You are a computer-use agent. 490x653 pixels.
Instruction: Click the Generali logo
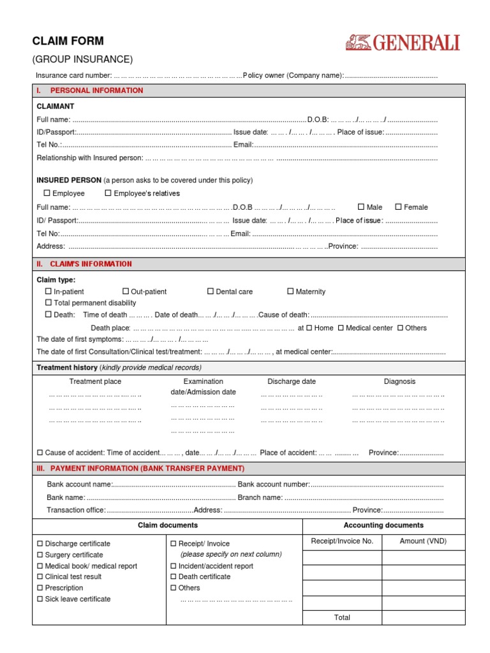coord(403,43)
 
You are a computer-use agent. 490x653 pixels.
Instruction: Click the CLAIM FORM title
coord(68,41)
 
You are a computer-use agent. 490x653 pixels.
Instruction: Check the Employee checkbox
coord(47,193)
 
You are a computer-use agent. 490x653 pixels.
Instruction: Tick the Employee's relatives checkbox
coord(108,193)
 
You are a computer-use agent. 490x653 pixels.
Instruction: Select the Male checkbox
coord(361,207)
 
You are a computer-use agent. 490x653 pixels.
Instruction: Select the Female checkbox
coord(398,207)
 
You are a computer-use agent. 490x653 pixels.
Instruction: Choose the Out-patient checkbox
coord(126,291)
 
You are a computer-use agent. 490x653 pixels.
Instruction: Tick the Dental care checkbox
coord(211,291)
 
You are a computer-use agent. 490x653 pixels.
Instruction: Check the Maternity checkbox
coord(291,291)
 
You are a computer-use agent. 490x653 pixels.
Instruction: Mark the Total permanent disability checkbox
coord(48,303)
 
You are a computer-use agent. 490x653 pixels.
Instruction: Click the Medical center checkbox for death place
coord(341,328)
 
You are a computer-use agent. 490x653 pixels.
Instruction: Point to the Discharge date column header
coord(292,381)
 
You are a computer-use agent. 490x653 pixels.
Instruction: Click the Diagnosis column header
coord(399,381)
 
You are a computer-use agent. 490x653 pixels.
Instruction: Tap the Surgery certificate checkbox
coord(40,555)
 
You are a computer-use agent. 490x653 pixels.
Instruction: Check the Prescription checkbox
coord(40,588)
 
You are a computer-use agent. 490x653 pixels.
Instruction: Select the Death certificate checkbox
coord(174,576)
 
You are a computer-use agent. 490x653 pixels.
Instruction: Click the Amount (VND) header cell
coord(423,541)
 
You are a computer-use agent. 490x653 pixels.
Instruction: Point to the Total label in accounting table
coord(342,617)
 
